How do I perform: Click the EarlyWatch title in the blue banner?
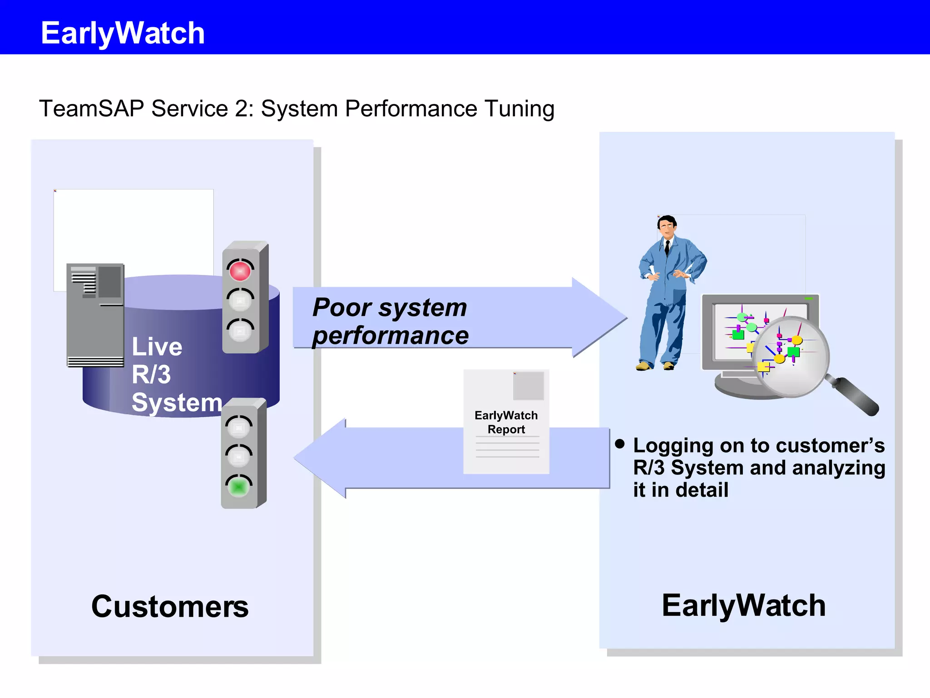point(123,33)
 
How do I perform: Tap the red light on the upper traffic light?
point(240,271)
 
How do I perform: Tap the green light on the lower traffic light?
point(238,487)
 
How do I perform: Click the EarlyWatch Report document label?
point(506,422)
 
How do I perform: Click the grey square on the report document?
point(528,386)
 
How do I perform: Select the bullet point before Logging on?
point(620,444)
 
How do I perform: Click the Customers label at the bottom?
point(170,607)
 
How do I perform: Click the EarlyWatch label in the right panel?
point(744,606)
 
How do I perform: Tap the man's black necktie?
point(667,248)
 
